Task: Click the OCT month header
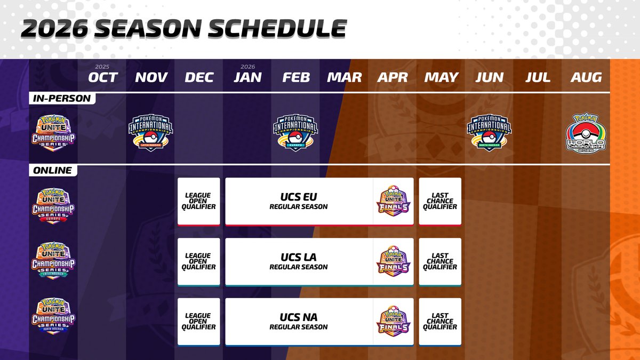pyautogui.click(x=102, y=77)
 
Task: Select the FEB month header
pyautogui.click(x=296, y=77)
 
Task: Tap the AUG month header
pyautogui.click(x=586, y=77)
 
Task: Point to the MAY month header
pyautogui.click(x=441, y=77)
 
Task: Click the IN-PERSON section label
pyautogui.click(x=62, y=99)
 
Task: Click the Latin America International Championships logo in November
pyautogui.click(x=151, y=130)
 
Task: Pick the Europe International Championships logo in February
pyautogui.click(x=295, y=130)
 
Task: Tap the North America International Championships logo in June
pyautogui.click(x=489, y=130)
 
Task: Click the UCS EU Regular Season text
pyautogui.click(x=298, y=202)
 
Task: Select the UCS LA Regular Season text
pyautogui.click(x=298, y=262)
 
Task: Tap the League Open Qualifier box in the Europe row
pyautogui.click(x=198, y=201)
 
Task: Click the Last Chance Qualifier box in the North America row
pyautogui.click(x=440, y=322)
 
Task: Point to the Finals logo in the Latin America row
pyautogui.click(x=393, y=262)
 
